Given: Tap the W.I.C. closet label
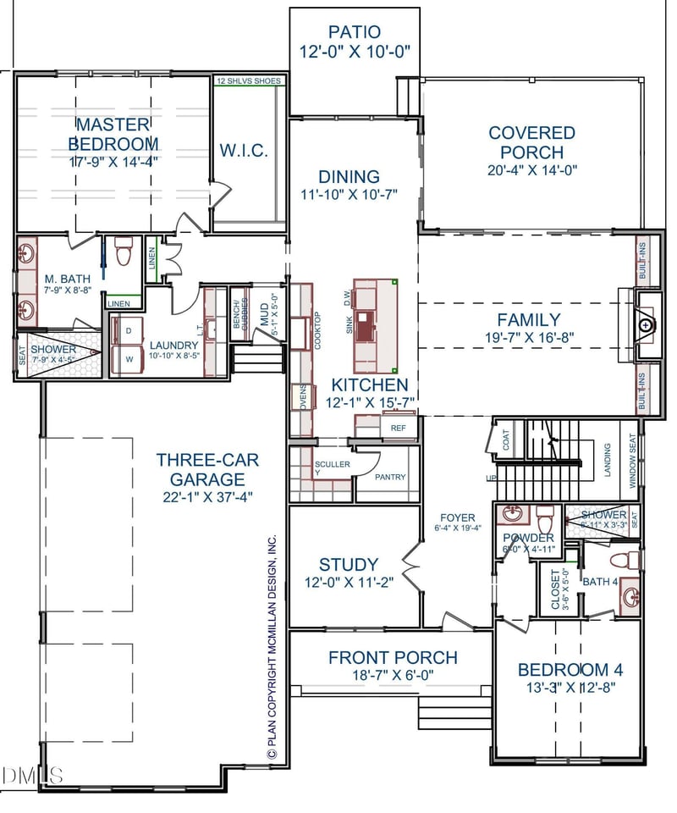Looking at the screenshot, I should click(244, 152).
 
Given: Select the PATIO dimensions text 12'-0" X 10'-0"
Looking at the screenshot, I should click(355, 52).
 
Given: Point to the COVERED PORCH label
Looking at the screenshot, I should click(531, 142).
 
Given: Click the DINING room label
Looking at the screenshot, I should click(349, 177).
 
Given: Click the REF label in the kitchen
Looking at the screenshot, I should click(398, 429).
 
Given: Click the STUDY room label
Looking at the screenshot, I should click(349, 565).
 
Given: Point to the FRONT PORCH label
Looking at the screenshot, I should click(393, 657).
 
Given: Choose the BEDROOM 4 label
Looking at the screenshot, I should click(570, 670).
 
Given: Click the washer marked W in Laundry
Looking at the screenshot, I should click(129, 358).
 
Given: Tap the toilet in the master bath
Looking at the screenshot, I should click(124, 251).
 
